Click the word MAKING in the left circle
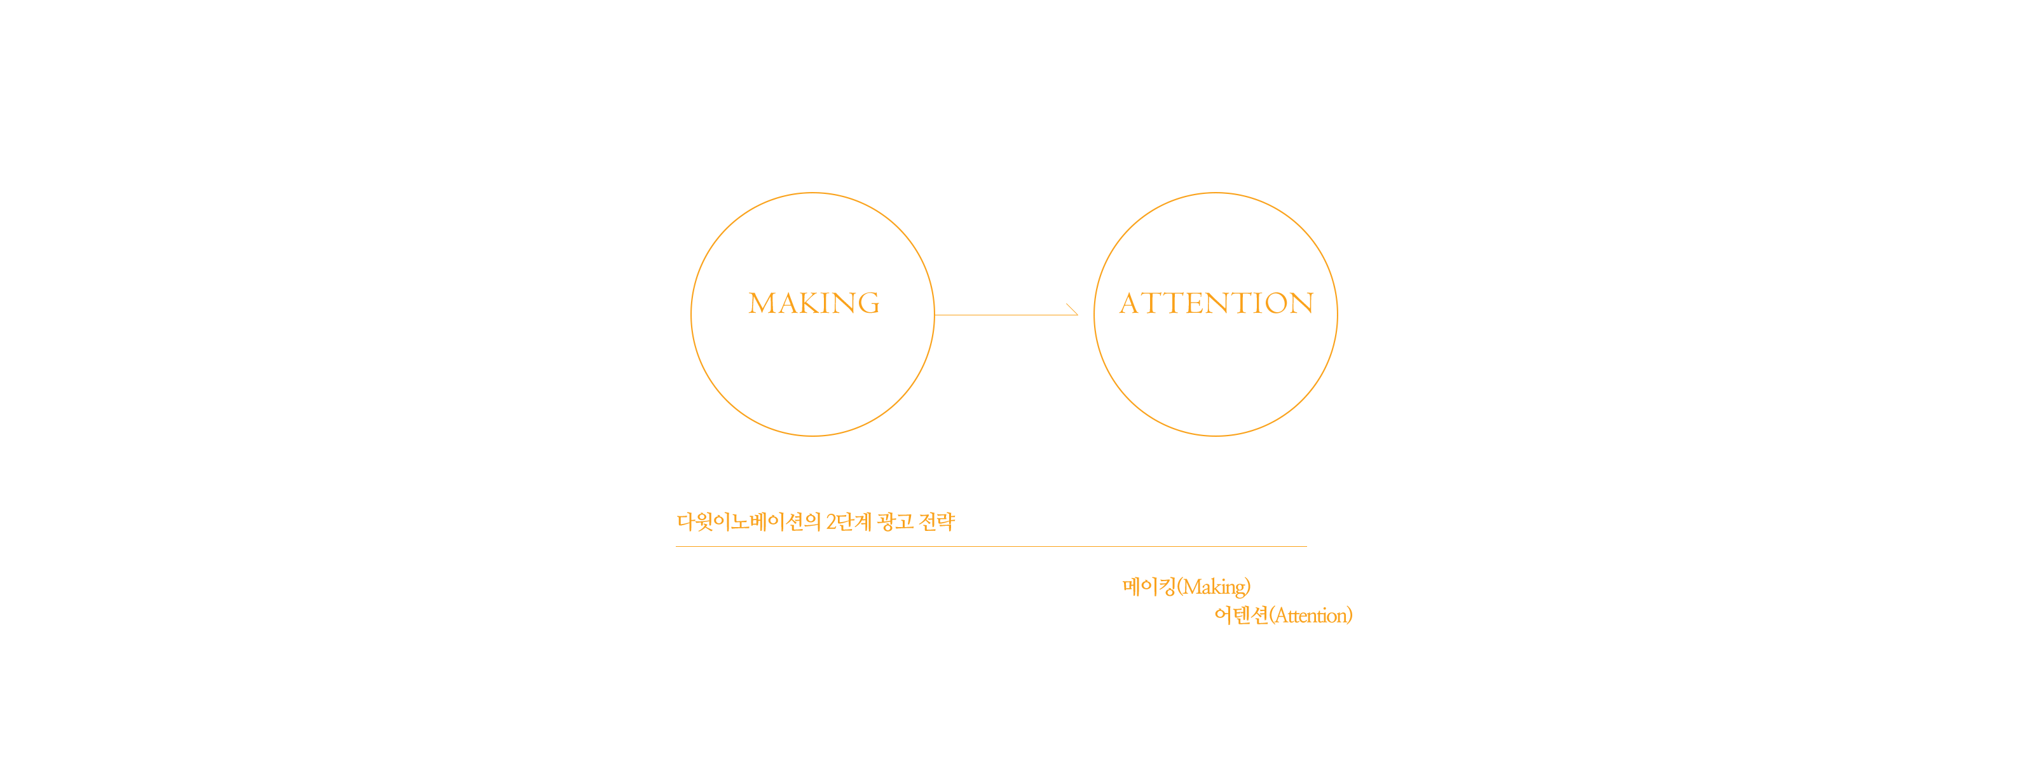click(814, 303)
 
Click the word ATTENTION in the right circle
click(1217, 303)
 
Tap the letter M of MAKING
click(762, 303)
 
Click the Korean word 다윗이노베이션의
click(749, 522)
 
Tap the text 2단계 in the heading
click(849, 522)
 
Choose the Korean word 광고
click(895, 522)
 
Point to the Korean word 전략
click(938, 522)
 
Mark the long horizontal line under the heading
click(991, 546)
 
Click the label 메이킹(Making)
click(1186, 587)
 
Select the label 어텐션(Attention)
click(1284, 615)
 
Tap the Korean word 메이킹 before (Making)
click(1149, 587)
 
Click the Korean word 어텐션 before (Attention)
click(1241, 615)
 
